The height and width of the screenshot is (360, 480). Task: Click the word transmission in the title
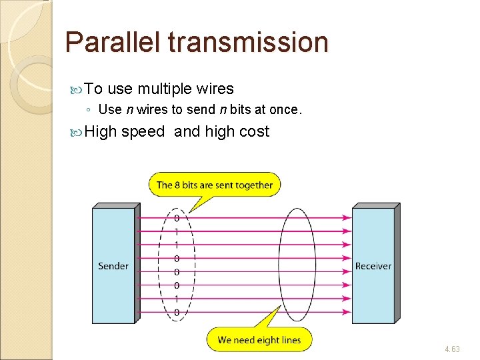pyautogui.click(x=248, y=43)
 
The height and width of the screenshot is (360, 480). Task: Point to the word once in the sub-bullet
pyautogui.click(x=285, y=109)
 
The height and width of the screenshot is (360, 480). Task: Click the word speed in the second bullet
pyautogui.click(x=143, y=131)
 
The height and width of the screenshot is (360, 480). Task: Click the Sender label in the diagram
pyautogui.click(x=113, y=266)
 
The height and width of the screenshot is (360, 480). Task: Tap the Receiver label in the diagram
pyautogui.click(x=373, y=266)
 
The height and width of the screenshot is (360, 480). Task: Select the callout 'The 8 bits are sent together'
pyautogui.click(x=214, y=185)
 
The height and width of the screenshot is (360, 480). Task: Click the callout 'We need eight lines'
pyautogui.click(x=259, y=340)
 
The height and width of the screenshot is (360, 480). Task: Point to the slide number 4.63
pyautogui.click(x=452, y=349)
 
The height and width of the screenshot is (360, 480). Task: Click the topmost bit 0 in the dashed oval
pyautogui.click(x=177, y=218)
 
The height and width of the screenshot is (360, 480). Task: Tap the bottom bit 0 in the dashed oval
pyautogui.click(x=177, y=313)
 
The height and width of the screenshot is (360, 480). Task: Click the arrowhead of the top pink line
pyautogui.click(x=347, y=217)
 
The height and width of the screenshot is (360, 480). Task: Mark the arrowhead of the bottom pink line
pyautogui.click(x=347, y=312)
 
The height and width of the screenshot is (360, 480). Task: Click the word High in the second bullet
pyautogui.click(x=101, y=131)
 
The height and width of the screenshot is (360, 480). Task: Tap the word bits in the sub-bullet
pyautogui.click(x=239, y=109)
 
